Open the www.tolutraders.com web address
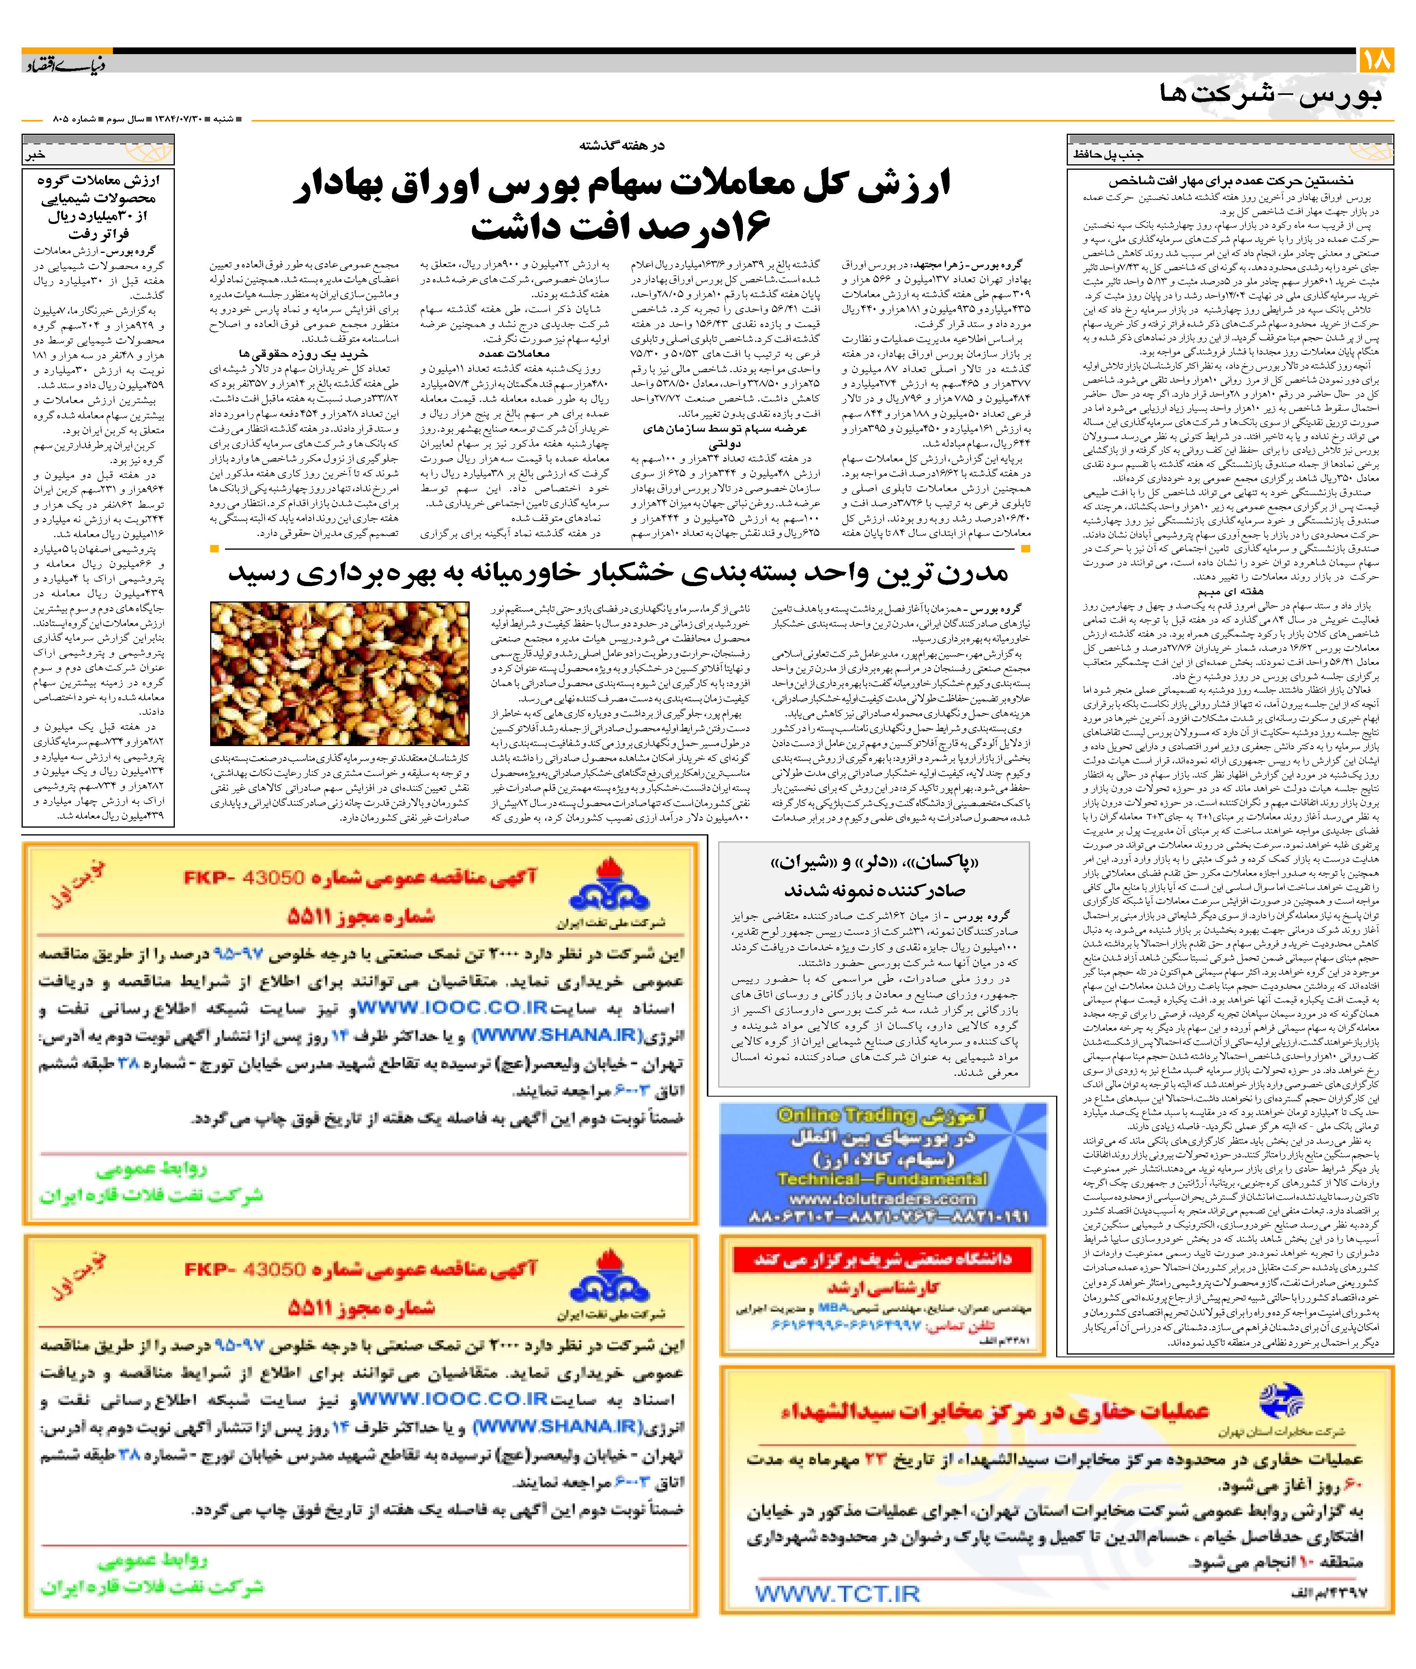883,1199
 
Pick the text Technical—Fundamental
883,1179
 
